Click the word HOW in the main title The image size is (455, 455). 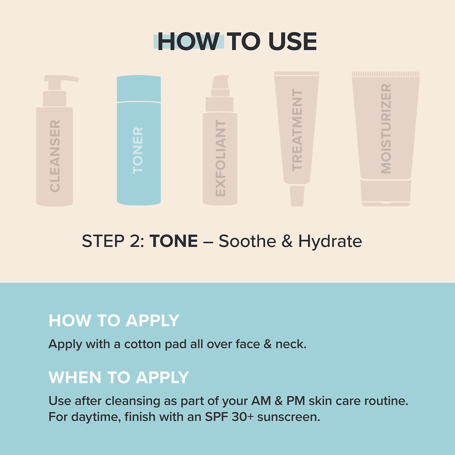[x=188, y=42]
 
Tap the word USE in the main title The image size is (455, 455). [x=292, y=42]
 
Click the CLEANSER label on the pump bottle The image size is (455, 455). [x=55, y=156]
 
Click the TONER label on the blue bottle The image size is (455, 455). [x=138, y=150]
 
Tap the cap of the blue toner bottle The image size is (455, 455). [x=139, y=88]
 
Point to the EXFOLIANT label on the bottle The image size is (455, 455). [x=220, y=158]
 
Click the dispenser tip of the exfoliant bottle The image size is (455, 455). [x=221, y=82]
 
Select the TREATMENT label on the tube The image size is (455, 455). [x=297, y=130]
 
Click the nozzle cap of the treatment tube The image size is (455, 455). [x=297, y=196]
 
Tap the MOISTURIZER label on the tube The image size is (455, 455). [x=386, y=129]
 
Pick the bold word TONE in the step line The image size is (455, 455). [x=174, y=241]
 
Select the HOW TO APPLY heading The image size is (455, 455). [x=114, y=321]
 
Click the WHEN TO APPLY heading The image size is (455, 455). [x=119, y=378]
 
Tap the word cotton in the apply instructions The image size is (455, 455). [x=143, y=344]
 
